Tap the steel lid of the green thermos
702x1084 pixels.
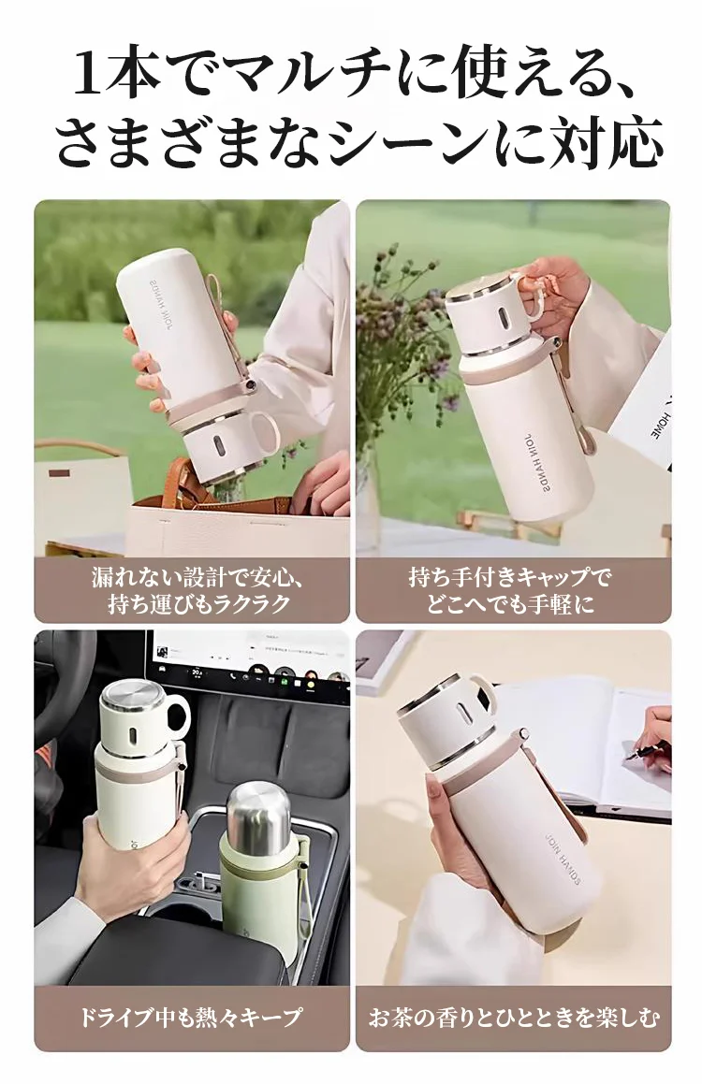(258, 812)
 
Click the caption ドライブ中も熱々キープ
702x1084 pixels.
(191, 1018)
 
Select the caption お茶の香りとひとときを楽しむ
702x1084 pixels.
(513, 1018)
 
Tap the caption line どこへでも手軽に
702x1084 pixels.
(514, 604)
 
